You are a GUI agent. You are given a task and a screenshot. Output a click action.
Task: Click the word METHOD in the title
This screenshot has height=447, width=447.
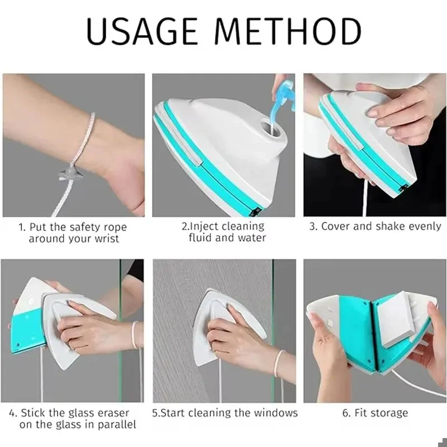pyautogui.click(x=288, y=31)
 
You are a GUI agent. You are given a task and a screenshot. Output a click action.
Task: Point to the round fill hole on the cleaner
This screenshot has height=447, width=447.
pyautogui.click(x=269, y=127)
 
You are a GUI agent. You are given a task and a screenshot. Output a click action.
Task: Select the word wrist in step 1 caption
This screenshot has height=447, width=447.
pyautogui.click(x=107, y=239)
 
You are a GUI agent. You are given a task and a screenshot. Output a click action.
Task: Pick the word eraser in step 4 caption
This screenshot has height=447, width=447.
pyautogui.click(x=113, y=413)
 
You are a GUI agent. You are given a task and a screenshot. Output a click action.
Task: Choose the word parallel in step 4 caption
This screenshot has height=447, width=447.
pyautogui.click(x=117, y=425)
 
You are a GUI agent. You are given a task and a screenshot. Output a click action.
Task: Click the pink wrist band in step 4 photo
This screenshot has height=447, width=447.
pyautogui.click(x=134, y=335)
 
